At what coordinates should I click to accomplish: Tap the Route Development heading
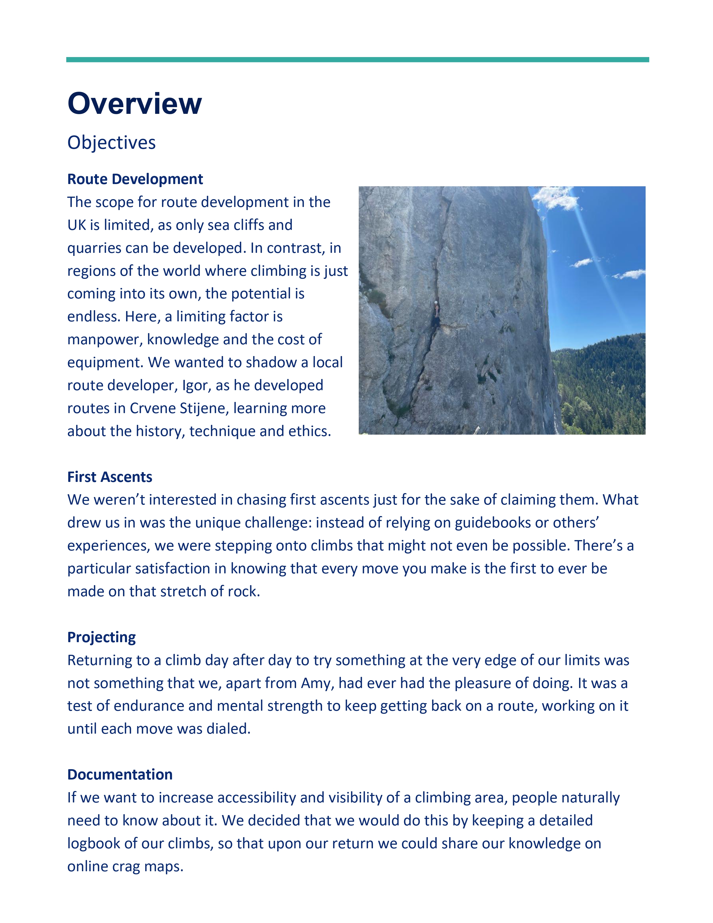pos(135,179)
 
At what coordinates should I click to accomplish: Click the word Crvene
pos(152,408)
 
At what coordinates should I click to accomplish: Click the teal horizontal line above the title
pos(357,60)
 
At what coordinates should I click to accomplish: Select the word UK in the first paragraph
pos(76,225)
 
